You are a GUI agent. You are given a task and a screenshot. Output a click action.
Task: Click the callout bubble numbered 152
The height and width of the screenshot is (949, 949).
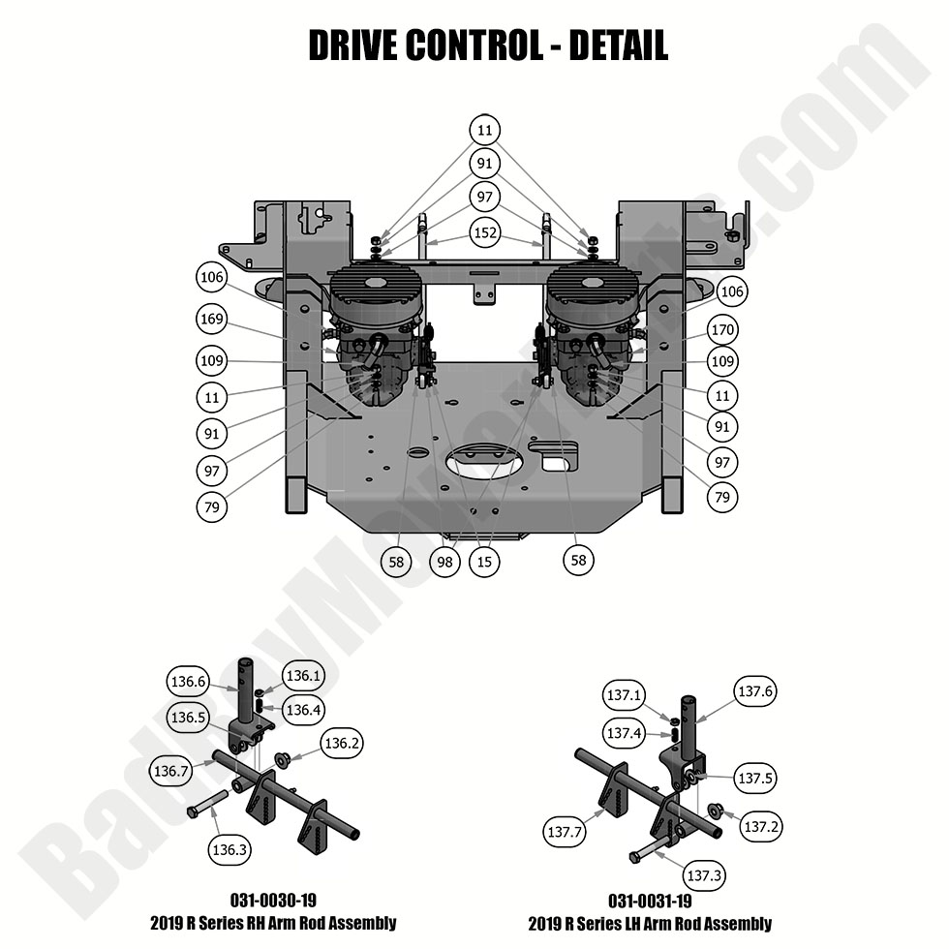[x=485, y=233]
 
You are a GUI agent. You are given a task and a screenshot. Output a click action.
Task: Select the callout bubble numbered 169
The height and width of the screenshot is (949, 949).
[x=213, y=320]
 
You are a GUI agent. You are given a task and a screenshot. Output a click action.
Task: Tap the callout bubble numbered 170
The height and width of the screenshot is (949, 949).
[x=722, y=330]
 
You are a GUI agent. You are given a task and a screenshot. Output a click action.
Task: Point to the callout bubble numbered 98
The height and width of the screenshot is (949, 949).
[x=444, y=561]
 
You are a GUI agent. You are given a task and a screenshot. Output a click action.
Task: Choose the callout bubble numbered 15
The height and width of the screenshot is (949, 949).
[x=483, y=561]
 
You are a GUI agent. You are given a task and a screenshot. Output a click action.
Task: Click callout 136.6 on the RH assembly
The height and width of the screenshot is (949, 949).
[x=188, y=681]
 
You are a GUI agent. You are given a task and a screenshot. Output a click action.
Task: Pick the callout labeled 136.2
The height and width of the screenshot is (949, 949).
[x=343, y=745]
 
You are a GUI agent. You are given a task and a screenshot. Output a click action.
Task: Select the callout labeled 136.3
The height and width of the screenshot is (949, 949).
[x=230, y=849]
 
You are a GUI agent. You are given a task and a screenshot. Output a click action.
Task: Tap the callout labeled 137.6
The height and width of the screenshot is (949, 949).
[x=756, y=691]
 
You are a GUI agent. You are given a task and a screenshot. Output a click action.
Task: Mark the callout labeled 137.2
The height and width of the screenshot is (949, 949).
[x=761, y=826]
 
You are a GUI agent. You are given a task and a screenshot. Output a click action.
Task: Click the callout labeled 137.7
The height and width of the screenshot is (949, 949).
[x=566, y=832]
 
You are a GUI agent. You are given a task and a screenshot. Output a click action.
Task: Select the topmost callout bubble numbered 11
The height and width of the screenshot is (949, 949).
[x=485, y=129]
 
